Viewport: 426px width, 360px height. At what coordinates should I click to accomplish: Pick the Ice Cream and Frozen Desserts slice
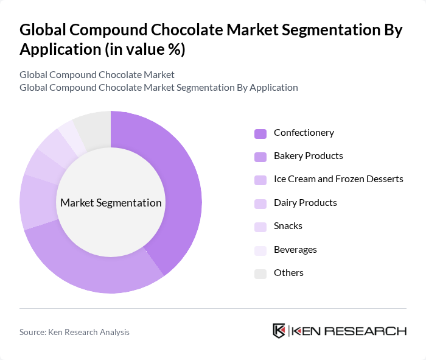tap(38, 201)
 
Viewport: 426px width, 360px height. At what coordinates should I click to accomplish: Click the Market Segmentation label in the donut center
tap(111, 203)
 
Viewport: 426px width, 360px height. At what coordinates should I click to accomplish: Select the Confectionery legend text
tap(304, 133)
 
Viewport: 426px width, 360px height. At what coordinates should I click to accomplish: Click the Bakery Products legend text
tap(308, 156)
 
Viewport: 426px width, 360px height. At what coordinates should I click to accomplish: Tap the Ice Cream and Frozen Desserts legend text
tap(338, 179)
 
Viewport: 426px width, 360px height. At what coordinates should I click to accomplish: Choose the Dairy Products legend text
tap(305, 203)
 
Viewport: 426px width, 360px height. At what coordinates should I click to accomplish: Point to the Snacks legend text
tap(288, 226)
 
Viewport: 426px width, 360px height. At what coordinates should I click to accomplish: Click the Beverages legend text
tap(295, 250)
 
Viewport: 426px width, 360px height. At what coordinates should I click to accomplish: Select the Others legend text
tap(288, 273)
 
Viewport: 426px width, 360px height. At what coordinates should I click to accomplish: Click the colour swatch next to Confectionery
tap(260, 133)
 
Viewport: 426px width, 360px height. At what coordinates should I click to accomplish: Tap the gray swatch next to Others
tap(260, 274)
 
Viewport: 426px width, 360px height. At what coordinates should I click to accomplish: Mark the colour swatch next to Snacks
tap(260, 227)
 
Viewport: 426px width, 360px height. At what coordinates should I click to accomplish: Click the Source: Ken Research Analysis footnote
tap(74, 332)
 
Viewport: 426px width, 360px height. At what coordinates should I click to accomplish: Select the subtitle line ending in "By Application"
tap(159, 87)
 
